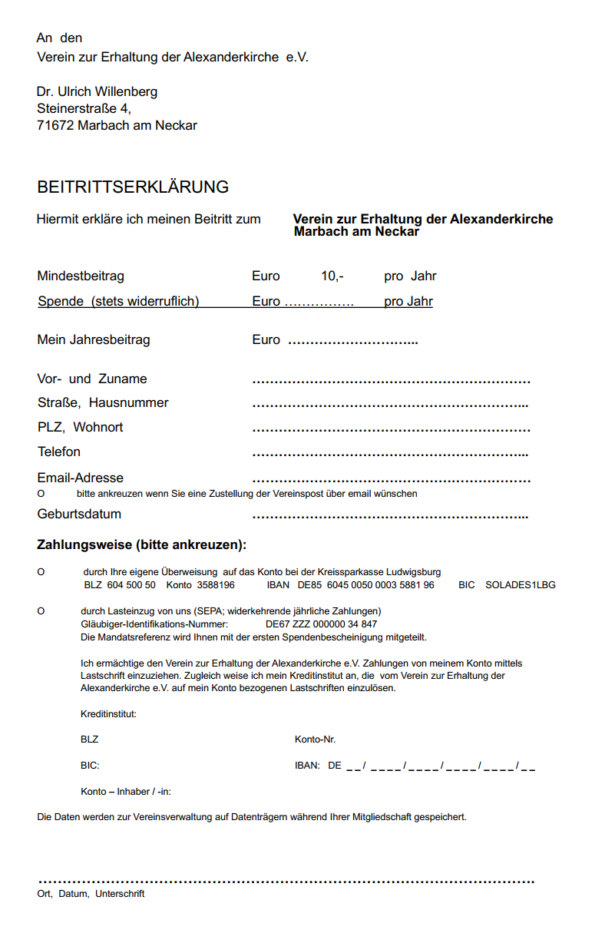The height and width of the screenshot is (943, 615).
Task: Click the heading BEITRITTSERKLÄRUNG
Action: (133, 187)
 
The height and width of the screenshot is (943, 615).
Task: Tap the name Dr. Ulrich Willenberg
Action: (97, 91)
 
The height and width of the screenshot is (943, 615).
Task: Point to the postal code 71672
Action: (55, 125)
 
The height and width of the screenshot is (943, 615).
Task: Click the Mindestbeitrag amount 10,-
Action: (332, 276)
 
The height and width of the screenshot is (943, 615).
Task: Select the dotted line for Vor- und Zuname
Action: (391, 381)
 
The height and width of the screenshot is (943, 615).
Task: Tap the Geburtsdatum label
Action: (79, 514)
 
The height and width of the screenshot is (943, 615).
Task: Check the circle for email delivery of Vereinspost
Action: (41, 494)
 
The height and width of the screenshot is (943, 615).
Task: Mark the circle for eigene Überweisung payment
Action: (41, 572)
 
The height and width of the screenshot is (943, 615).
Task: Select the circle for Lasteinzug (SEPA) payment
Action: (41, 611)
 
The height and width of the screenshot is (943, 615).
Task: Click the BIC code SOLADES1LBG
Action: (520, 585)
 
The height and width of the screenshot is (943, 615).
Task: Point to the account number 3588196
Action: (216, 585)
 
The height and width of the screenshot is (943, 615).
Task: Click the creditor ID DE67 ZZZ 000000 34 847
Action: (321, 624)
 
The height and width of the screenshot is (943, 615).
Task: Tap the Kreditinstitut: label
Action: (108, 714)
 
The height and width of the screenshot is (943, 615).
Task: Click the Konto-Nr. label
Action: (315, 740)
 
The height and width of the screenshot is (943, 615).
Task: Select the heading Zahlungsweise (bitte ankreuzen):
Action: (142, 545)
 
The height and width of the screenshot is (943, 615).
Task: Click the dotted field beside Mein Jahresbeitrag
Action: (352, 341)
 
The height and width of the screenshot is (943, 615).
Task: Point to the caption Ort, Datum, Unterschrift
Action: (91, 894)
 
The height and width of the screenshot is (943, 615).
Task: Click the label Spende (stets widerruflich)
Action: (118, 301)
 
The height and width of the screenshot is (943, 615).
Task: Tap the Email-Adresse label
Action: (80, 478)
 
